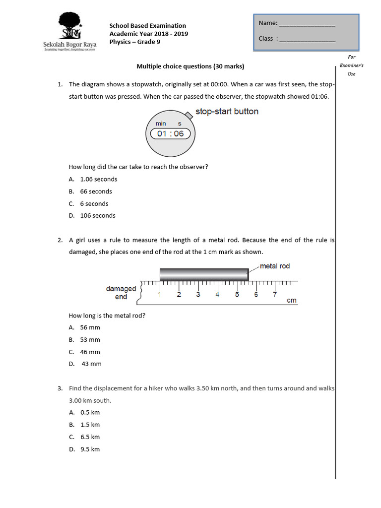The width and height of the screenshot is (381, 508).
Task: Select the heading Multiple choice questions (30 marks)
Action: [x=190, y=66]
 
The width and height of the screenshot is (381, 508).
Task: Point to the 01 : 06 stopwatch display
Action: [x=170, y=133]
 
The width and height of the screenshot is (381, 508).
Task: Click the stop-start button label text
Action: [x=227, y=112]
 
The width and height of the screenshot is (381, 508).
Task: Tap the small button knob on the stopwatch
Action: [x=189, y=115]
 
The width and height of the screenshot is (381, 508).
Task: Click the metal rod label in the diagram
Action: [x=275, y=266]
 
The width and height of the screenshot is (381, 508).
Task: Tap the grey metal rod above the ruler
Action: [x=204, y=274]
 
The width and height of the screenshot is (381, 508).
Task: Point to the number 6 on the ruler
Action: [x=256, y=295]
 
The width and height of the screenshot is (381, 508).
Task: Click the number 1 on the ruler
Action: [x=159, y=295]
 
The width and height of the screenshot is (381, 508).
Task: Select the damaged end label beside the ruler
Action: [x=121, y=293]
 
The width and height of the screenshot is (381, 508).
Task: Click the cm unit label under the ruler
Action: [x=292, y=301]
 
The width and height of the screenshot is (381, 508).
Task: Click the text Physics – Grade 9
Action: [x=134, y=42]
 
